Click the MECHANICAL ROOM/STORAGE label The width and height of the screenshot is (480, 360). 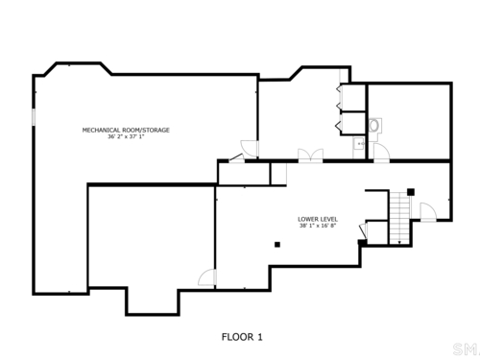pyautogui.click(x=126, y=130)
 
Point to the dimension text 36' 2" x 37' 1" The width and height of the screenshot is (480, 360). pyautogui.click(x=126, y=136)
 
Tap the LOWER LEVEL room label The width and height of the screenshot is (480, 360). pyautogui.click(x=318, y=219)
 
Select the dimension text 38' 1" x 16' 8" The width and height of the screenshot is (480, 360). pyautogui.click(x=318, y=226)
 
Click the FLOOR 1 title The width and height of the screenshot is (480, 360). pyautogui.click(x=242, y=337)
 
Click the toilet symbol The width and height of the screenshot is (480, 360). pyautogui.click(x=374, y=126)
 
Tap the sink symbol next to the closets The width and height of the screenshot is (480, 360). pyautogui.click(x=359, y=144)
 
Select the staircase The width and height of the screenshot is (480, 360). pyautogui.click(x=399, y=217)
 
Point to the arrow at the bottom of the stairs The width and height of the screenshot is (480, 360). pyautogui.click(x=399, y=241)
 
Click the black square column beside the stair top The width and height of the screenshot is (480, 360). pyautogui.click(x=411, y=192)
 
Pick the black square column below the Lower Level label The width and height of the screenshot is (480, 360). pyautogui.click(x=277, y=245)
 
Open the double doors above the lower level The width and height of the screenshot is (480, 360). pyautogui.click(x=310, y=155)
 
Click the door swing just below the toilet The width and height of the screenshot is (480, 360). pyautogui.click(x=381, y=152)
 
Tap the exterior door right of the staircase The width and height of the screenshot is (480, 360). pyautogui.click(x=428, y=211)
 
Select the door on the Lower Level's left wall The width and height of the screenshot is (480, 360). pyautogui.click(x=207, y=277)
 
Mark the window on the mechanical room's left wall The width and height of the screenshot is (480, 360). pyautogui.click(x=34, y=116)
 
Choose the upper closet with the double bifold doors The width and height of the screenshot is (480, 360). pyautogui.click(x=353, y=98)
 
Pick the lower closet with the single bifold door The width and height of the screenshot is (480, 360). pyautogui.click(x=353, y=123)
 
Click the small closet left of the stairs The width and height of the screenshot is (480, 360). pyautogui.click(x=377, y=232)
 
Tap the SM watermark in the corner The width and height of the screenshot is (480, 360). pyautogui.click(x=466, y=349)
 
